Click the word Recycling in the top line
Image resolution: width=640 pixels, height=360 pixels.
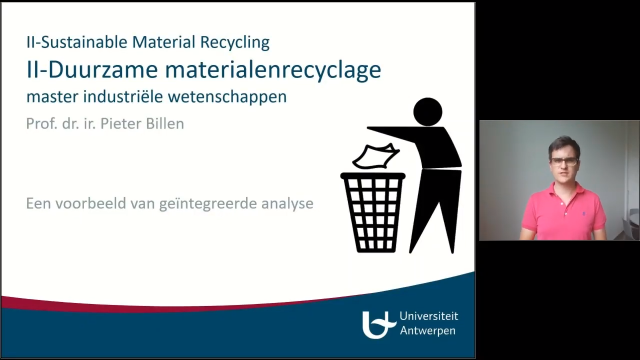point(235,42)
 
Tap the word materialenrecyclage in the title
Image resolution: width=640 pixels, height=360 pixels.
point(273,70)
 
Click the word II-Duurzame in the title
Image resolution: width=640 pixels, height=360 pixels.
point(92,69)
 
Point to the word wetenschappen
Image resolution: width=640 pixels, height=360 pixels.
point(227,96)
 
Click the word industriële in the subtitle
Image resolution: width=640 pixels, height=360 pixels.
point(123,96)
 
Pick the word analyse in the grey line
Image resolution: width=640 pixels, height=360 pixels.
point(287,204)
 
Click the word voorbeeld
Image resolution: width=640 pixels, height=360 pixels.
point(90,203)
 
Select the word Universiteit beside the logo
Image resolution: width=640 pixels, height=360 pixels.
point(429,316)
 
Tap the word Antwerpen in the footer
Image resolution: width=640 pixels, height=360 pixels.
point(427,331)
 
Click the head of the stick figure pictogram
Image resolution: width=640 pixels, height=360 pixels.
point(427,111)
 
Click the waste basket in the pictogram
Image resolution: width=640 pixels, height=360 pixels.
point(373,212)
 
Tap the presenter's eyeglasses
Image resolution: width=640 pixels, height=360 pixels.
point(564,161)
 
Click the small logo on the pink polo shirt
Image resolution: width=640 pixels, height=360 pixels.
point(582,213)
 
